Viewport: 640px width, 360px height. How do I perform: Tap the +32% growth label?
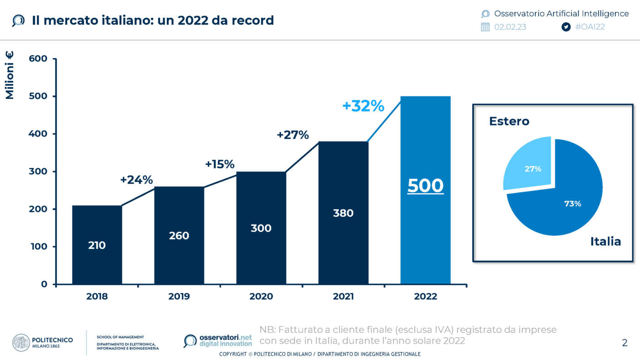click(x=363, y=106)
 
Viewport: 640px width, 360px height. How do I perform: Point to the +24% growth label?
click(x=136, y=180)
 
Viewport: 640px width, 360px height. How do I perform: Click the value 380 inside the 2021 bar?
click(x=343, y=213)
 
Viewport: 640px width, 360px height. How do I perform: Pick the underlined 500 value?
click(x=425, y=186)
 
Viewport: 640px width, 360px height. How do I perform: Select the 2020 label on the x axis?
click(x=261, y=296)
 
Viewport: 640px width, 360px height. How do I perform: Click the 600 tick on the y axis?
click(x=38, y=59)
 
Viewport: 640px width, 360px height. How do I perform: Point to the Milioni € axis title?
click(x=10, y=75)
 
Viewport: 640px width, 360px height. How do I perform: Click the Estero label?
click(x=509, y=121)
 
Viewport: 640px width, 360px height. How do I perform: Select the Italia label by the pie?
click(x=605, y=242)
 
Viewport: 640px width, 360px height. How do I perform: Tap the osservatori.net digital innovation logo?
click(x=219, y=341)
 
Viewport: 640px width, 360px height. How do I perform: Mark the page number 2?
click(x=624, y=343)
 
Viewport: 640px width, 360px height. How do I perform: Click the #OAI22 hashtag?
click(x=590, y=27)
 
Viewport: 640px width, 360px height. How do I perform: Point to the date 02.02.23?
click(x=510, y=27)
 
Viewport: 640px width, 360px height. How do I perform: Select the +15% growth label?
click(x=219, y=164)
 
